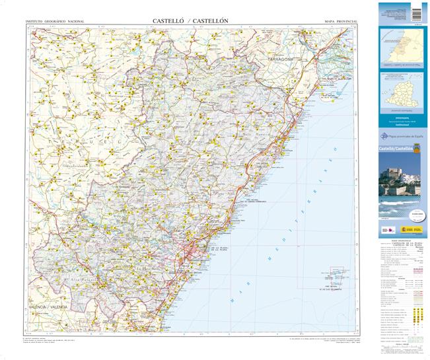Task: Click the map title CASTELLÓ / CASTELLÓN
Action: point(190,20)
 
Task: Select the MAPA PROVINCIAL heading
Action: point(341,22)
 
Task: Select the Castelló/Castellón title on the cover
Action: point(396,150)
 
